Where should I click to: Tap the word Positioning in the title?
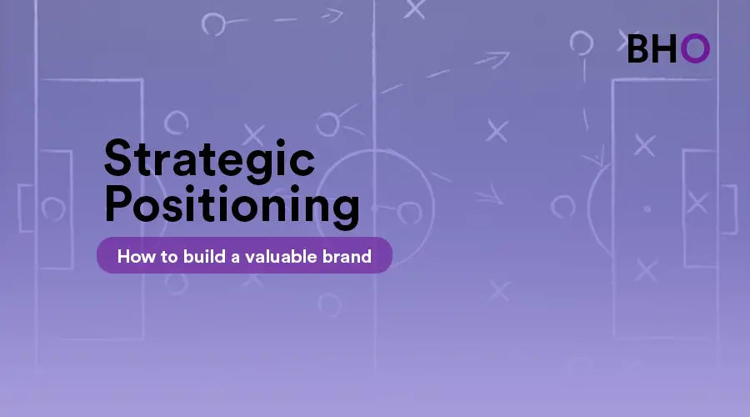[x=232, y=206]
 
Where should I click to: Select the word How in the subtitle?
[x=137, y=257]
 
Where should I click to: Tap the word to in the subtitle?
[x=169, y=257]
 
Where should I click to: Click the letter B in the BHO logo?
[x=638, y=48]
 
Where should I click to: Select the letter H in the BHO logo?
[x=665, y=48]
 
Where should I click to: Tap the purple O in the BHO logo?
[x=695, y=48]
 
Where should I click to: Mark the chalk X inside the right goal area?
[x=697, y=202]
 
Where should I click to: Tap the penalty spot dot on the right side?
[x=647, y=208]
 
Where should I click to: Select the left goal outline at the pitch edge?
[x=19, y=208]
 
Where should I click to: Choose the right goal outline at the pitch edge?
[x=736, y=209]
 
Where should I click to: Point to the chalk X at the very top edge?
[x=414, y=8]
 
